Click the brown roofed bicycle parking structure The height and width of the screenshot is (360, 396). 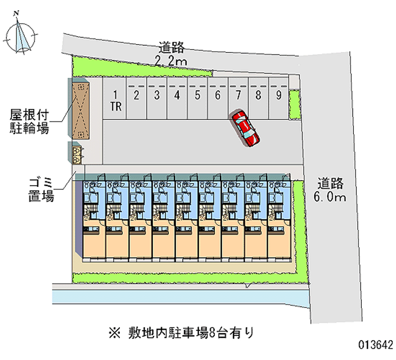coord(80,109)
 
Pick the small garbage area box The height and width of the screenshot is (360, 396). coord(77,154)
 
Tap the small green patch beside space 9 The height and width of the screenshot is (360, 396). coord(294,104)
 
